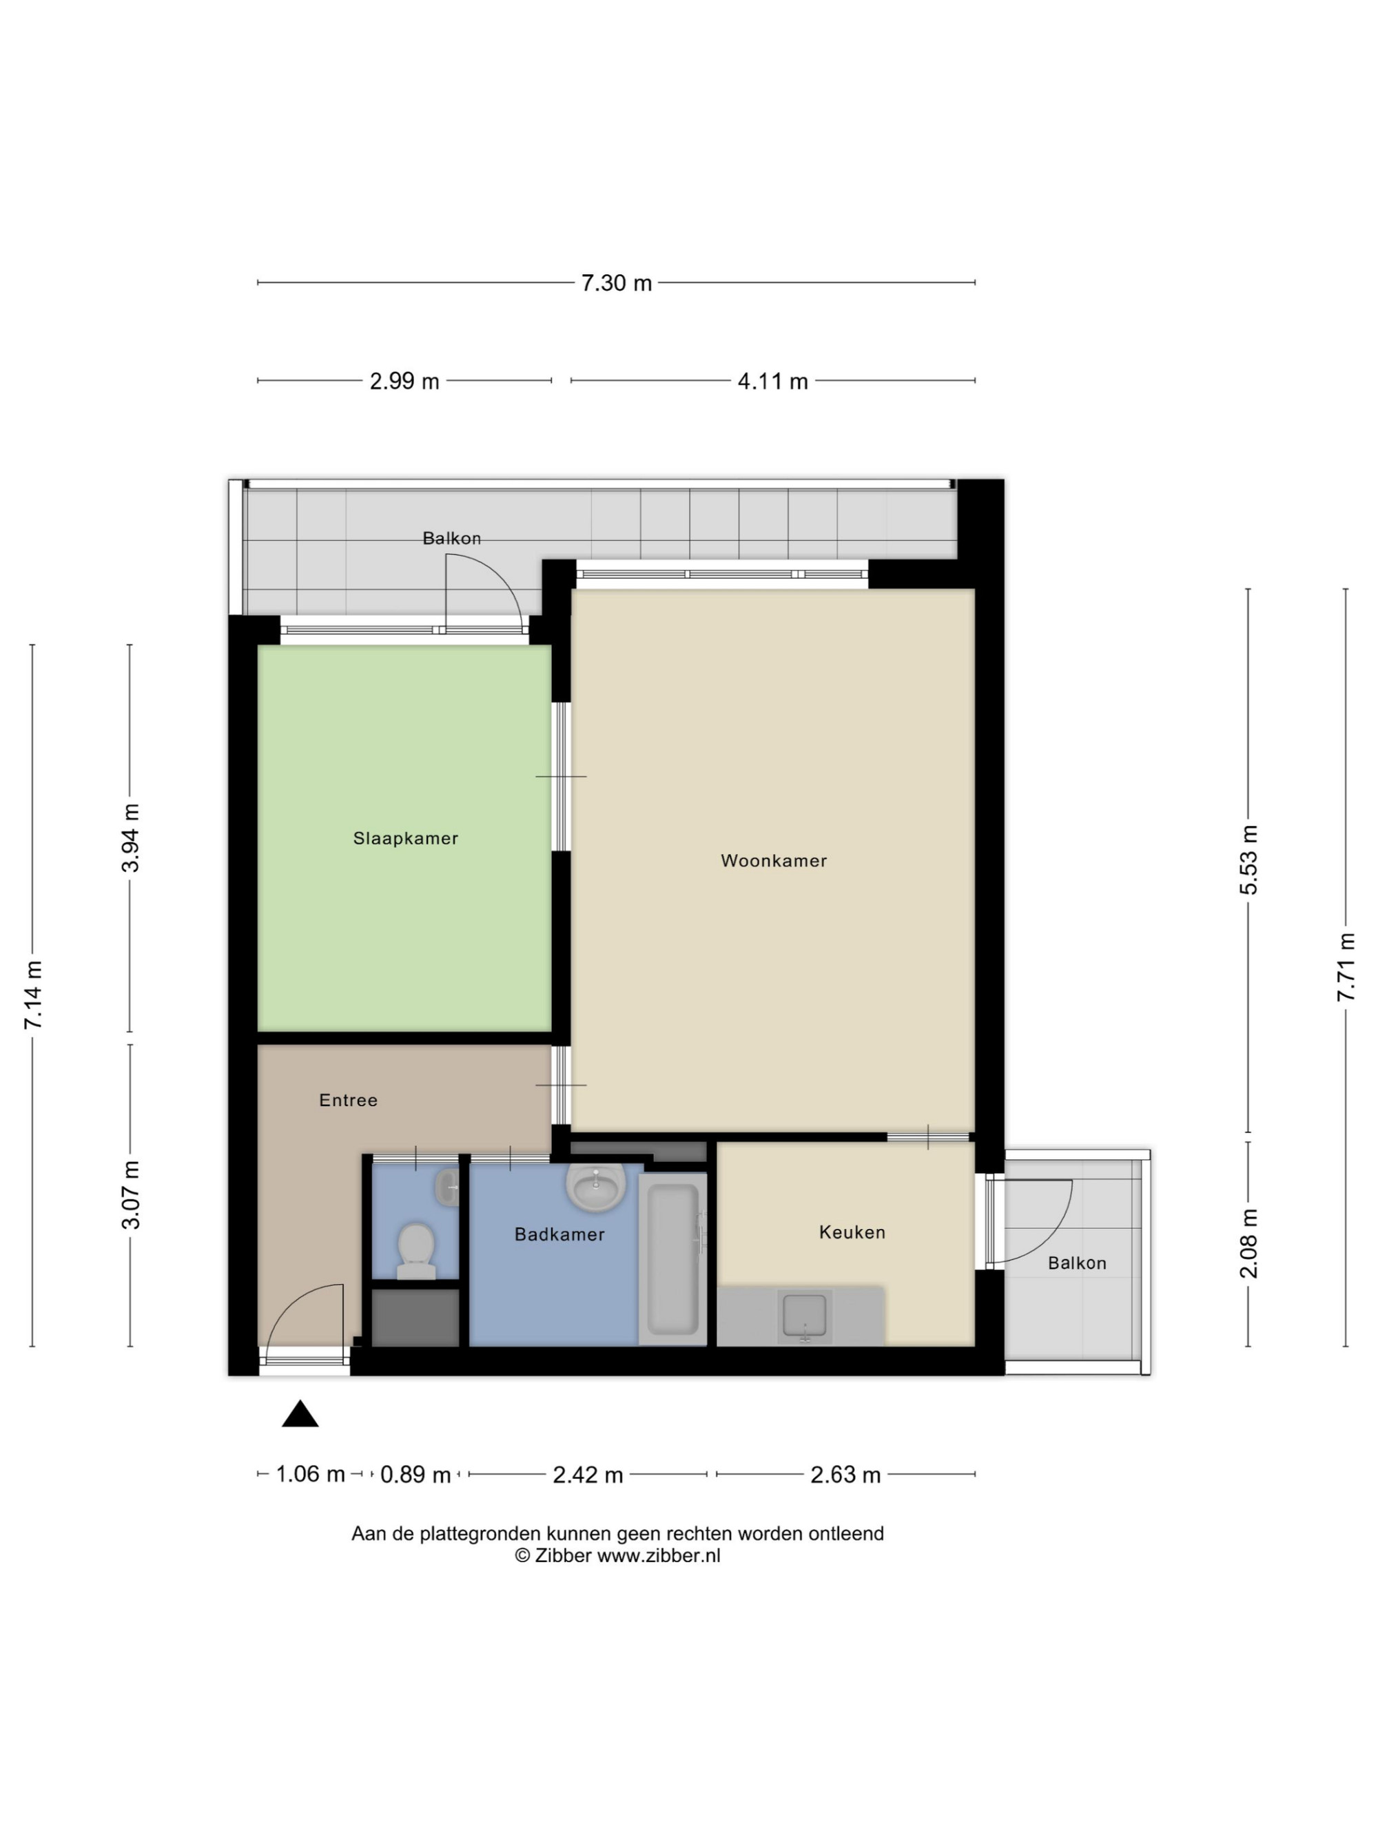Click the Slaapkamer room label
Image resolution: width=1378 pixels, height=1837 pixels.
point(405,839)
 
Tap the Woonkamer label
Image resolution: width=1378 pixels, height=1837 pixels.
point(773,861)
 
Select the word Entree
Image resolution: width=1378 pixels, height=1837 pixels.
point(348,1101)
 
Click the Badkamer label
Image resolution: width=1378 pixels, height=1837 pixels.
point(559,1235)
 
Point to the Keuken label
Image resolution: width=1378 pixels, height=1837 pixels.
point(852,1232)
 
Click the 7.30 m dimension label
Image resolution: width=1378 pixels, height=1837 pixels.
point(617,283)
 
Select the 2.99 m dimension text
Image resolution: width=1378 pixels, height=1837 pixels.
point(404,381)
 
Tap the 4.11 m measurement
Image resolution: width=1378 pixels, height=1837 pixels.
point(772,381)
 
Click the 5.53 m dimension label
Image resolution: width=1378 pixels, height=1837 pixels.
point(1248,860)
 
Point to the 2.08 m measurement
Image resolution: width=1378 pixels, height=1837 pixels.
point(1248,1243)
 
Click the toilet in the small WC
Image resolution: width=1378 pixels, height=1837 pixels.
point(416,1251)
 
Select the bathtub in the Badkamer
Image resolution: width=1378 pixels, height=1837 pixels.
point(672,1258)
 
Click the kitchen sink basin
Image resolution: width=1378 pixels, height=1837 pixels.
point(804,1316)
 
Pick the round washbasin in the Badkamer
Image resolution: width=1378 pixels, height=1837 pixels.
point(595,1187)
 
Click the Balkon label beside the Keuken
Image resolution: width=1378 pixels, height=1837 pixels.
point(1076,1263)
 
